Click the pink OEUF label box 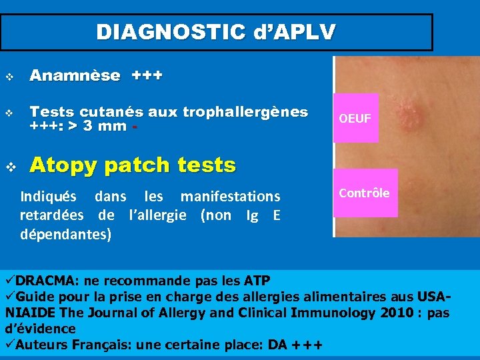point(355,119)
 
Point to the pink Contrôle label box point(365,193)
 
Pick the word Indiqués point(51,197)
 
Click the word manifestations point(231,197)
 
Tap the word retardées point(52,215)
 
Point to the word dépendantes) point(66,234)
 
